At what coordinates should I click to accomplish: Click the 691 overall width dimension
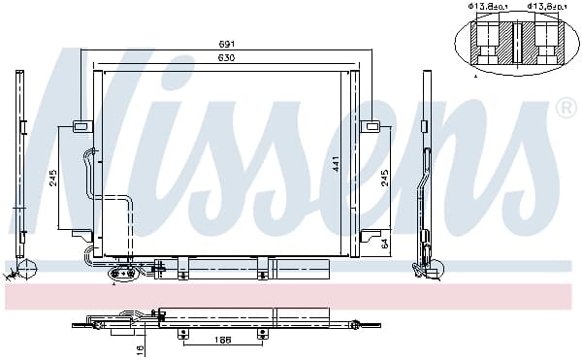(227, 45)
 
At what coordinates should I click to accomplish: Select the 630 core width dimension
(227, 58)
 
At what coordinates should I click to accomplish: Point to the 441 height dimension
(336, 165)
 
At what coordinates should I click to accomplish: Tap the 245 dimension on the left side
(53, 178)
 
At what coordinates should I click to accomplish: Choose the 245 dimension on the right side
(385, 178)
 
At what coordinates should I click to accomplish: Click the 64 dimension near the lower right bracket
(385, 244)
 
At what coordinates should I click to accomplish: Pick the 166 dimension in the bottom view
(223, 340)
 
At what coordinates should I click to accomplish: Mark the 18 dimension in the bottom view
(140, 350)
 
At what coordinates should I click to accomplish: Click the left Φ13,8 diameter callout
(488, 7)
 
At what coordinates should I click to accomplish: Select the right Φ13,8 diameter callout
(547, 7)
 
